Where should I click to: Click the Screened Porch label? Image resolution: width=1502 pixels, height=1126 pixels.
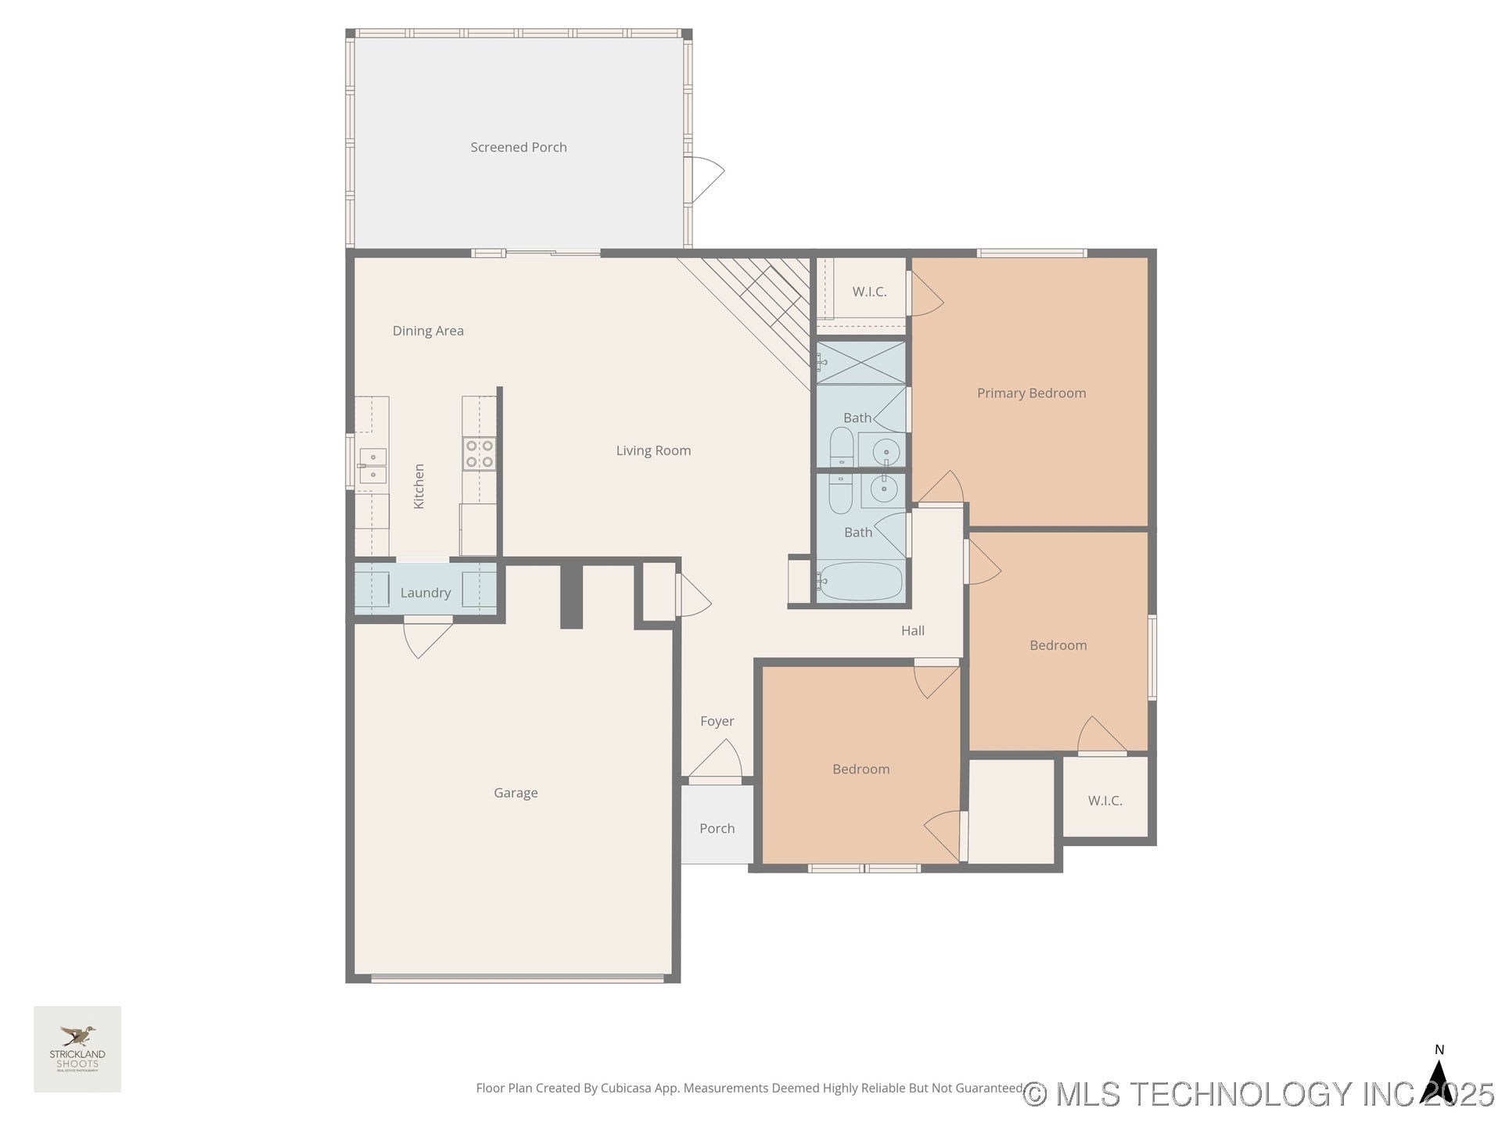click(x=518, y=147)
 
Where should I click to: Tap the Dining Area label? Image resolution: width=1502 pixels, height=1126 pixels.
click(x=428, y=331)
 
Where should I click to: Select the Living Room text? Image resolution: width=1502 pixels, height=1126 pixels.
click(x=653, y=450)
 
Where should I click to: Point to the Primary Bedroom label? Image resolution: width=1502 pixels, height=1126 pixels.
click(x=1031, y=393)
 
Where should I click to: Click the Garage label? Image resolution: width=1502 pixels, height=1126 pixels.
click(x=516, y=793)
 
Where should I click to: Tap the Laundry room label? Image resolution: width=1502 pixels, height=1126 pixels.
click(x=426, y=593)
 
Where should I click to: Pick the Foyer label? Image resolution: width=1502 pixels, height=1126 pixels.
click(x=717, y=721)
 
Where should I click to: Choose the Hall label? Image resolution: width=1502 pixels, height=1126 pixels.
click(x=912, y=630)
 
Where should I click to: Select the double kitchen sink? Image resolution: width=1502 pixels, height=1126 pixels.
click(x=372, y=466)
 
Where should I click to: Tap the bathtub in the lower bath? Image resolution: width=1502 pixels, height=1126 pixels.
click(x=861, y=581)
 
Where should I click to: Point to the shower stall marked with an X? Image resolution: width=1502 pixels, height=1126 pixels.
click(x=861, y=362)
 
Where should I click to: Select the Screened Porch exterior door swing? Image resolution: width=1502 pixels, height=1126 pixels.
click(x=704, y=179)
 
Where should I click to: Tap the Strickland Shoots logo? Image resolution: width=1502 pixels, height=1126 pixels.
click(x=77, y=1049)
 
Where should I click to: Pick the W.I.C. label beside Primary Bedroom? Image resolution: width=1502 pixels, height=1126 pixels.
click(x=869, y=292)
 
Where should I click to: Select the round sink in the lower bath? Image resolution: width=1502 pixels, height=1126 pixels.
click(x=884, y=489)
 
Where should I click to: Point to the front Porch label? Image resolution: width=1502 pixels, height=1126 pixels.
click(x=717, y=828)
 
